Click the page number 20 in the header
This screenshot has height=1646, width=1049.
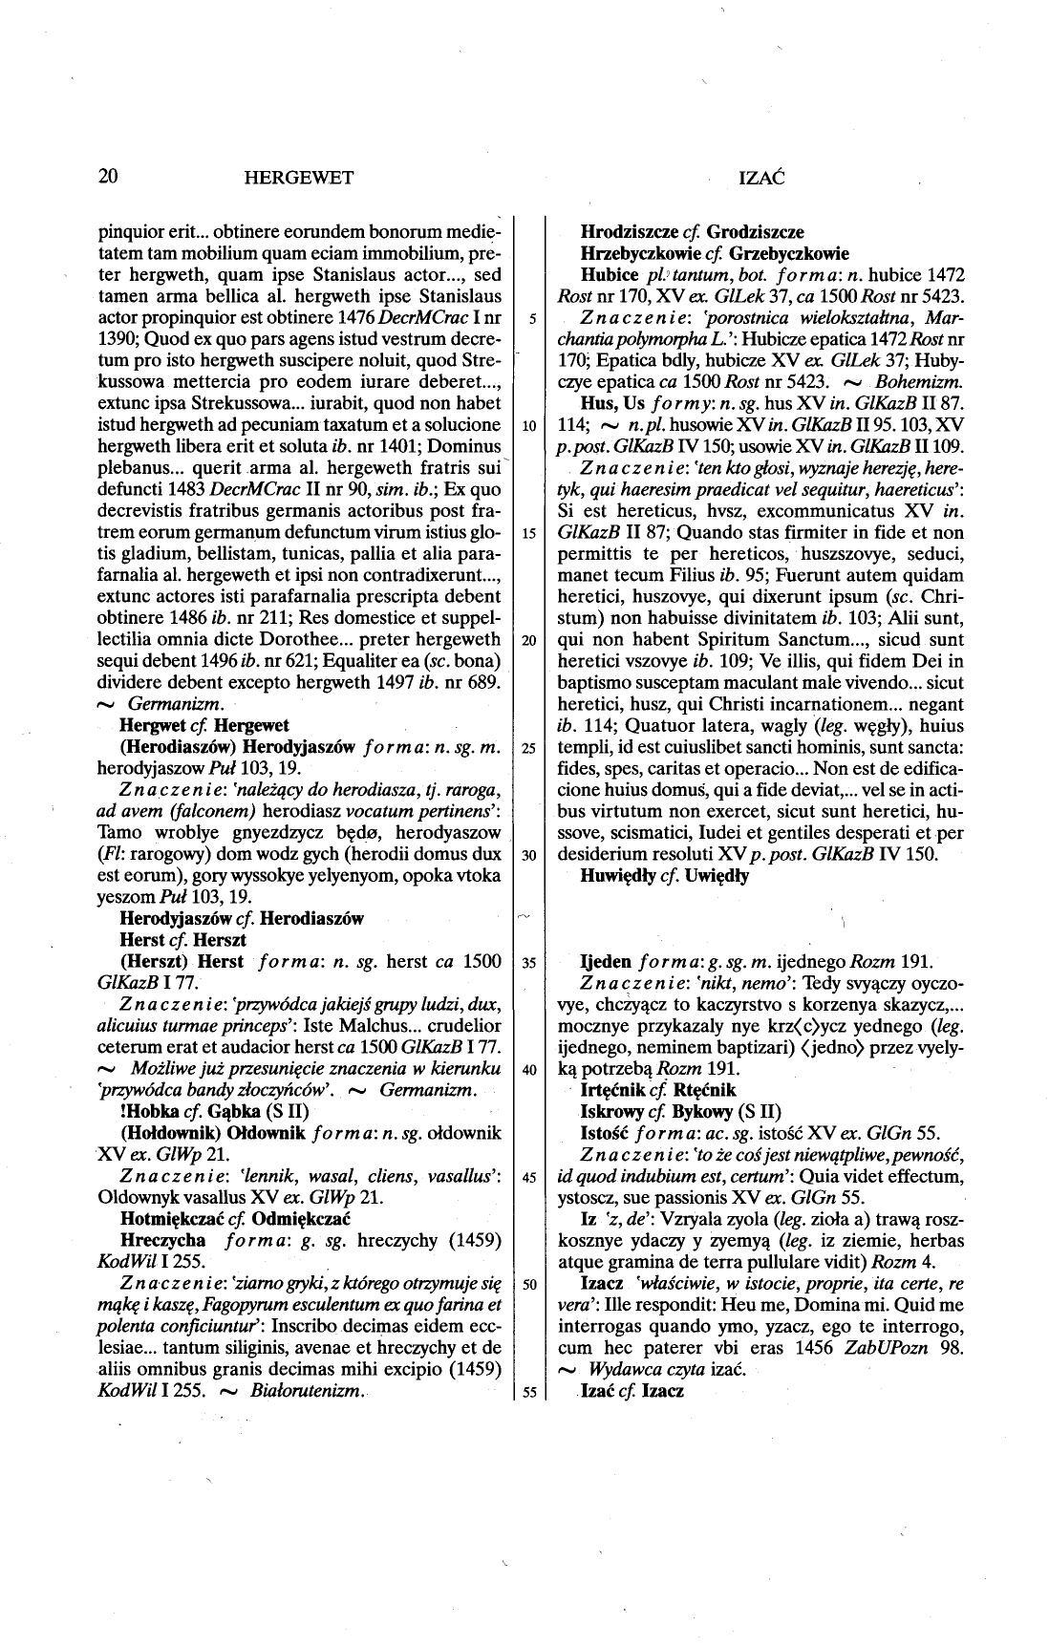107,176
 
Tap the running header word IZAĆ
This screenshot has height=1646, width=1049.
761,177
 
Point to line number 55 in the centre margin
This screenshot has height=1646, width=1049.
528,1392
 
